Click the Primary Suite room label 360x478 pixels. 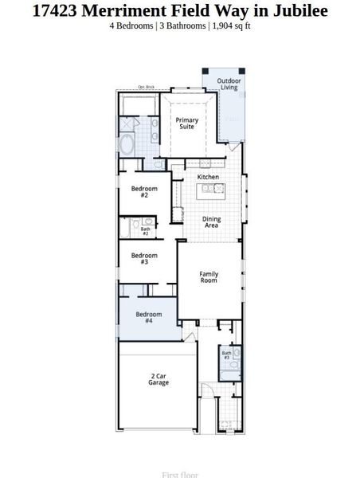187,123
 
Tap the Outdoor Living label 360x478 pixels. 229,84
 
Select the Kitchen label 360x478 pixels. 208,177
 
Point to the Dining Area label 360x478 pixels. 211,222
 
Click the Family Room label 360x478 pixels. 209,277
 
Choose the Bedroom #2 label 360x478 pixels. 144,192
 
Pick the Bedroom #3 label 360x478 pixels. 144,259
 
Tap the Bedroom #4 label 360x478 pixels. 149,317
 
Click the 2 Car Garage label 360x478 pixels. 158,379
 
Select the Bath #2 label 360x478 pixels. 145,232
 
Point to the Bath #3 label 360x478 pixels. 227,355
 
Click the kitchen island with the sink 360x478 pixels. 213,189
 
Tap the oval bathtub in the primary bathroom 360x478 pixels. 127,145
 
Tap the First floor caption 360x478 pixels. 180,475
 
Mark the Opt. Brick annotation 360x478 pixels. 146,87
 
